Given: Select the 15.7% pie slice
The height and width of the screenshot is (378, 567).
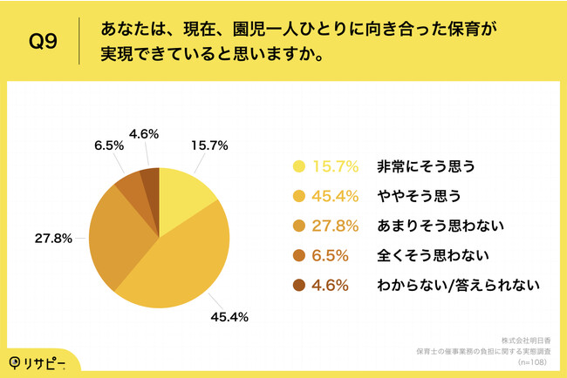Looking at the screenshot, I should click(x=185, y=192).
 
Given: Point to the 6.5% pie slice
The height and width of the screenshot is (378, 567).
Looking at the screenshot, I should click(x=130, y=183).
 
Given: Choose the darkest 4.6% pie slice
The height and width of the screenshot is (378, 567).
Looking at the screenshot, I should click(x=150, y=179).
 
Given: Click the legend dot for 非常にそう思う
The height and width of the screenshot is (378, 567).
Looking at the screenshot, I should click(x=299, y=165).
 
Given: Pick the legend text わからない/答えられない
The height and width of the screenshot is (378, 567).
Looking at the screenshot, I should click(x=447, y=286).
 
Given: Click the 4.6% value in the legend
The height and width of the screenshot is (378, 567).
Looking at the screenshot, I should click(x=334, y=286).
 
